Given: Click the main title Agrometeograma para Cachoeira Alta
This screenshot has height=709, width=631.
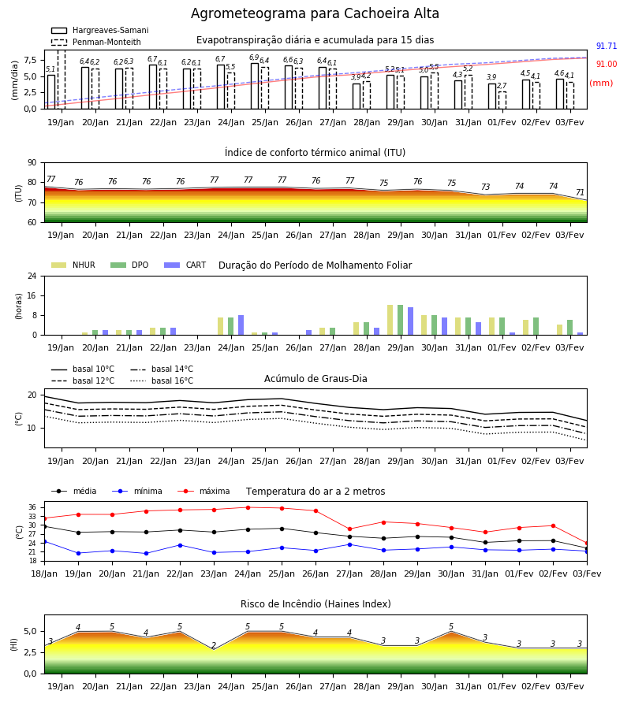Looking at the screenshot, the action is pyautogui.click(x=315, y=13).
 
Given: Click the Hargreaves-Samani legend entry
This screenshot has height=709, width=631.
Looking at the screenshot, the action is pyautogui.click(x=99, y=30).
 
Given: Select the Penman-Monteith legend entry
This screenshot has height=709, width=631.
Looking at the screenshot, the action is pyautogui.click(x=96, y=42).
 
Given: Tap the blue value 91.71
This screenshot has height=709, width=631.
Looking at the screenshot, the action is pyautogui.click(x=607, y=46).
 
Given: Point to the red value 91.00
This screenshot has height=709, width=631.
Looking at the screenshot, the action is pyautogui.click(x=607, y=65).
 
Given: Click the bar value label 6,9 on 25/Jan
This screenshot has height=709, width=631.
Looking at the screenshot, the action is pyautogui.click(x=254, y=58).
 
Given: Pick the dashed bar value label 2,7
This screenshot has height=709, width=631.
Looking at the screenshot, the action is pyautogui.click(x=502, y=85).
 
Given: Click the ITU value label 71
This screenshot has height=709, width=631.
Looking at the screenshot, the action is pyautogui.click(x=580, y=193).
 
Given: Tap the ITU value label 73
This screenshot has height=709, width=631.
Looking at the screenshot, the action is pyautogui.click(x=485, y=187).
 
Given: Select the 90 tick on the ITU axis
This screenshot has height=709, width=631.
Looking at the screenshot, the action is pyautogui.click(x=32, y=163).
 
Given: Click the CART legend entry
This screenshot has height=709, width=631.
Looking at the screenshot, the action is pyautogui.click(x=185, y=265).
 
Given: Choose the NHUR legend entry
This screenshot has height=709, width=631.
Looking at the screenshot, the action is pyautogui.click(x=73, y=265).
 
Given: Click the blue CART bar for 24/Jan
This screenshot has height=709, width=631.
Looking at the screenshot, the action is pyautogui.click(x=241, y=325).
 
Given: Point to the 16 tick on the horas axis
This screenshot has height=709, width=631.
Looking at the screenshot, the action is pyautogui.click(x=32, y=295).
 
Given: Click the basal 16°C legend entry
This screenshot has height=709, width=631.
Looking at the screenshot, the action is pyautogui.click(x=162, y=380).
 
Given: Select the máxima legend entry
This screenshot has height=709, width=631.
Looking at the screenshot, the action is pyautogui.click(x=204, y=491).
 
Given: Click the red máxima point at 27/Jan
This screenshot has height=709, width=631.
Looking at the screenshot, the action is pyautogui.click(x=350, y=529).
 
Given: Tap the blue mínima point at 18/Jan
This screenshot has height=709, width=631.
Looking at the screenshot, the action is pyautogui.click(x=44, y=541).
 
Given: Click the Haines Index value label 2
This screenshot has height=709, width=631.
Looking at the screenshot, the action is pyautogui.click(x=214, y=645).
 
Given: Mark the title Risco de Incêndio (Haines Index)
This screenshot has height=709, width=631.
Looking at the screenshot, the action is pyautogui.click(x=315, y=604).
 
